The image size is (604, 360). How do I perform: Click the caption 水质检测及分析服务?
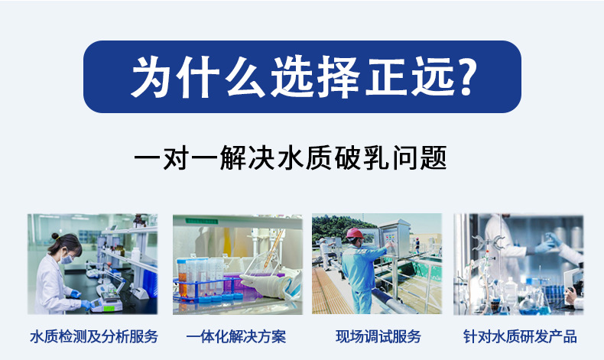[x=93, y=336]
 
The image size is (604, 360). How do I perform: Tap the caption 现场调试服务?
[x=378, y=336]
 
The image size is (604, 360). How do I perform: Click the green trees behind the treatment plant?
[x=336, y=225]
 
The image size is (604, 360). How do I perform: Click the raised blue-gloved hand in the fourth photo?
[x=547, y=243]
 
